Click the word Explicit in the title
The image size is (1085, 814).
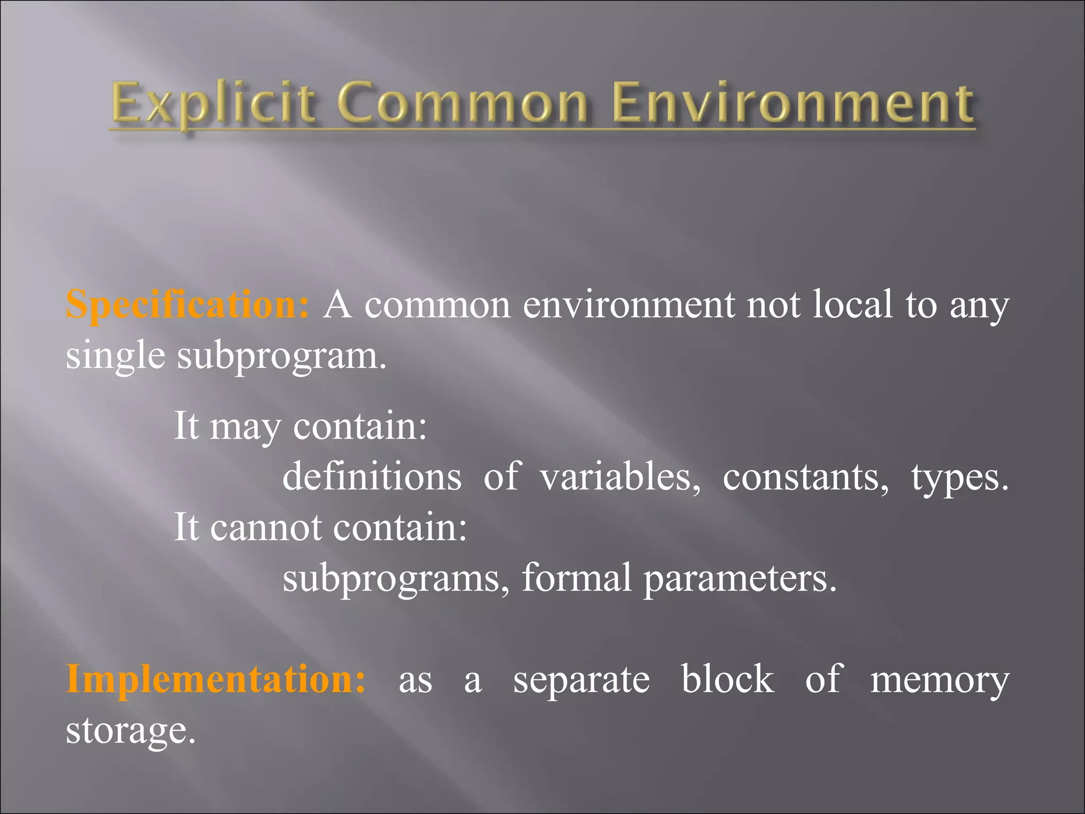click(x=214, y=103)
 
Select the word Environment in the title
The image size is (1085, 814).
click(x=793, y=103)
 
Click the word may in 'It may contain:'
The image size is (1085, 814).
click(x=245, y=426)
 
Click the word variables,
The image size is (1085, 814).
click(x=620, y=476)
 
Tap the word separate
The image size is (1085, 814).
click(x=581, y=680)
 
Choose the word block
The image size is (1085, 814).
click(x=727, y=679)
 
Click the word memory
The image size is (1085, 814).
click(x=940, y=680)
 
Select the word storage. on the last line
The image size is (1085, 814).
click(x=131, y=731)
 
